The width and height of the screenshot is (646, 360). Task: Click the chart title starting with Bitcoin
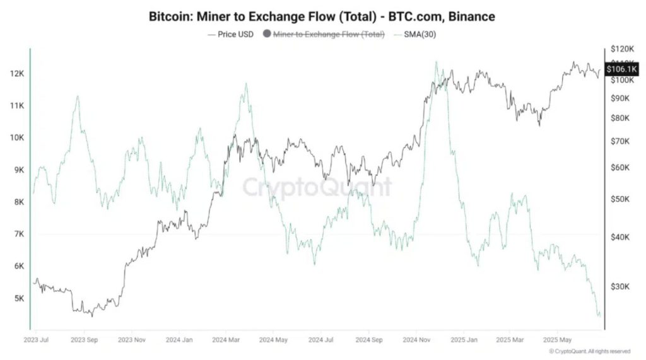[x=322, y=16]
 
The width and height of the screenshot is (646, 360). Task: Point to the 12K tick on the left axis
[x=16, y=74]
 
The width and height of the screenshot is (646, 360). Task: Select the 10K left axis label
[x=16, y=137]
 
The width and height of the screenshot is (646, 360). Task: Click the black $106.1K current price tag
[x=622, y=69]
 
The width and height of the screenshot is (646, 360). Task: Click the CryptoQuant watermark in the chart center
[x=317, y=187]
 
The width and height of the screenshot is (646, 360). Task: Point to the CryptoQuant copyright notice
[x=589, y=351]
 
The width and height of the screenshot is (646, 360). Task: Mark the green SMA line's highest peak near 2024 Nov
[x=435, y=62]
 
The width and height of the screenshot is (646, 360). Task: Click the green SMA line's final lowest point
[x=599, y=316]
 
